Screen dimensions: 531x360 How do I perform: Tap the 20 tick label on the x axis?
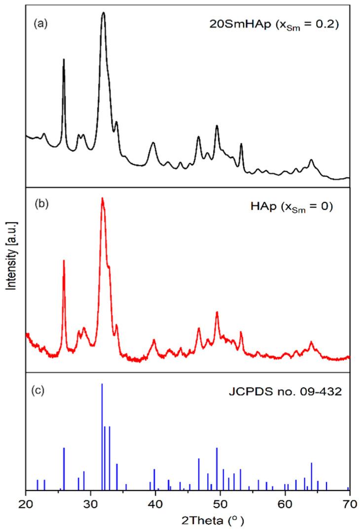(25, 503)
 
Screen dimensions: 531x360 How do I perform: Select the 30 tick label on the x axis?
(90, 503)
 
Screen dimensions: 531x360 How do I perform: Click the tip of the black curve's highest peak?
(104, 13)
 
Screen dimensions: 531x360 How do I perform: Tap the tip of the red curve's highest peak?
(103, 198)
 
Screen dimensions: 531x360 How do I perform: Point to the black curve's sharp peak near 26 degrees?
(64, 60)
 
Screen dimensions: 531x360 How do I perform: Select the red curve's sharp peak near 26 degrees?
(64, 261)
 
